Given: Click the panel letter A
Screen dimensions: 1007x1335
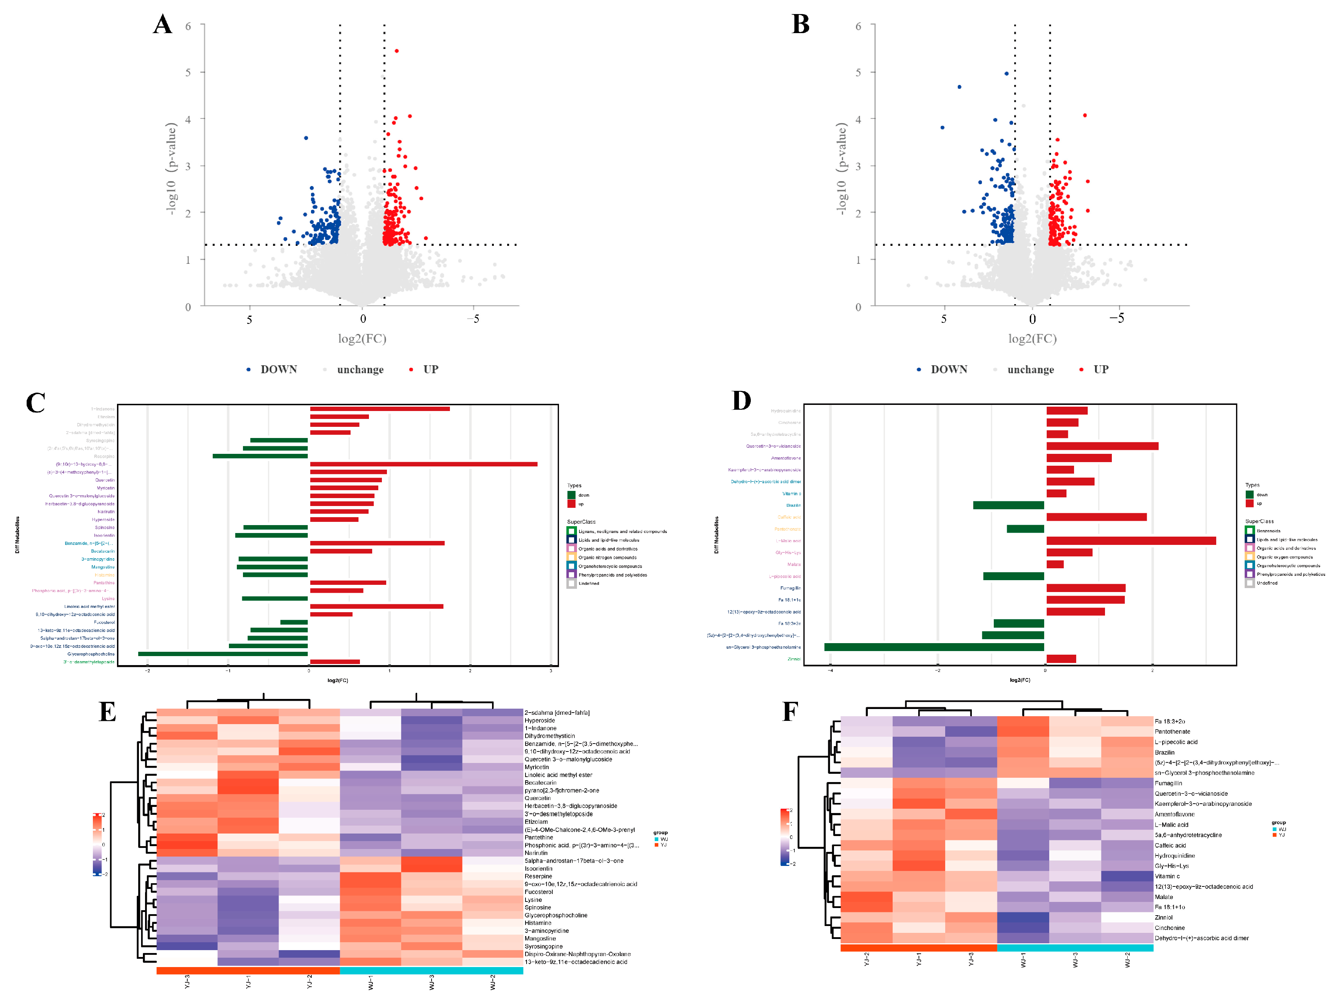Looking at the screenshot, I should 162,25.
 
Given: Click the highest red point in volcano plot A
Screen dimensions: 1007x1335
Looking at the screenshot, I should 397,51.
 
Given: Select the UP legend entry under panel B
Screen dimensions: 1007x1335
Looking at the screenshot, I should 1100,369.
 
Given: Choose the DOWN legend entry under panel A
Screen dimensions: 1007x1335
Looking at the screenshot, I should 278,369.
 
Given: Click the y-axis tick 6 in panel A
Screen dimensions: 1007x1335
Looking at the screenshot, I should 188,26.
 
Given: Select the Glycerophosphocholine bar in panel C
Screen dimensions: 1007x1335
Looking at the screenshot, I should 223,654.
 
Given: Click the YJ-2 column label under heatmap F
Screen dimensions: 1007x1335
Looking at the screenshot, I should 867,959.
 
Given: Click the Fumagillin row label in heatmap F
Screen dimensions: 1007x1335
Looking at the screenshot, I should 1168,783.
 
